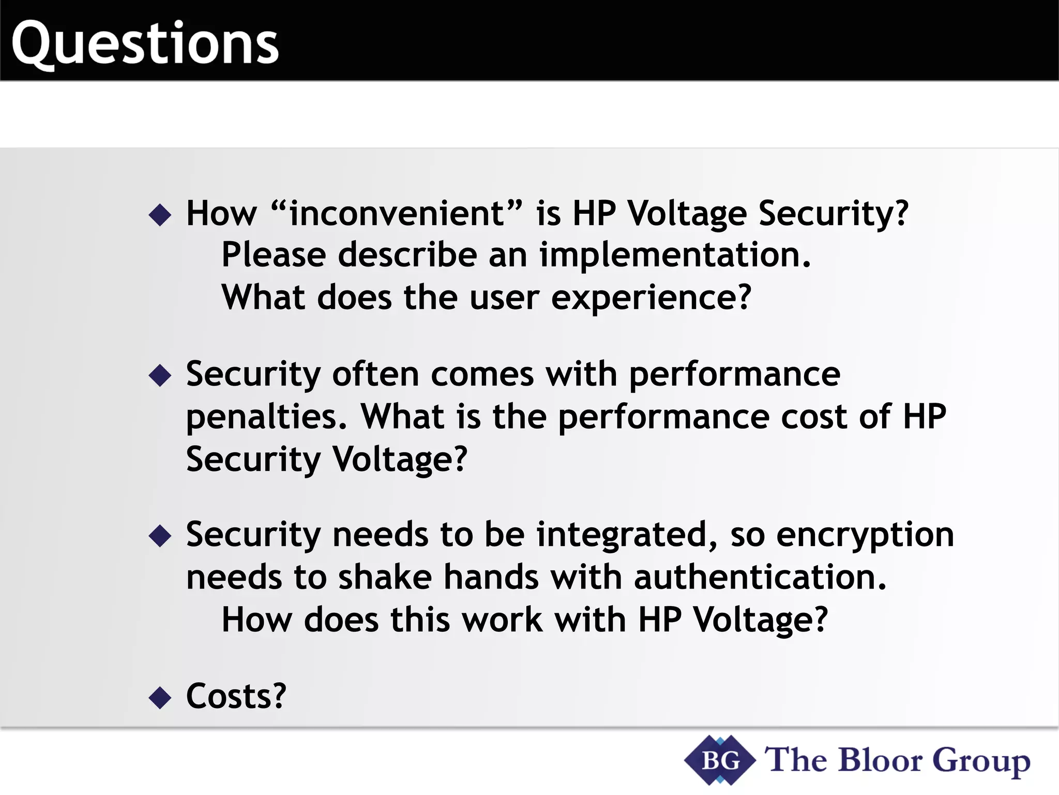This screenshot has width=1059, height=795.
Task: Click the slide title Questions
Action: click(145, 44)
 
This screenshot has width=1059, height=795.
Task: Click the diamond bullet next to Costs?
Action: click(160, 697)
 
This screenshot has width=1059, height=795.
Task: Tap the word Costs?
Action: click(236, 696)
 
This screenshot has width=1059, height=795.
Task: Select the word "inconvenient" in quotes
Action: click(397, 213)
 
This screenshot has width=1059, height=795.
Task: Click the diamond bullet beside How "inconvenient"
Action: click(160, 214)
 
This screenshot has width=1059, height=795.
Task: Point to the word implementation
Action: click(675, 255)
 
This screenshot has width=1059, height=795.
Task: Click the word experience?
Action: click(651, 299)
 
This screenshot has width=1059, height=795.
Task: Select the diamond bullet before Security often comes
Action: click(160, 375)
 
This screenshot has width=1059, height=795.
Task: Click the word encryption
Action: click(865, 535)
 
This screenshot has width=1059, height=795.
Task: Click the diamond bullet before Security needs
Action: click(160, 536)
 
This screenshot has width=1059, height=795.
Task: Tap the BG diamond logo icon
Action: click(720, 760)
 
